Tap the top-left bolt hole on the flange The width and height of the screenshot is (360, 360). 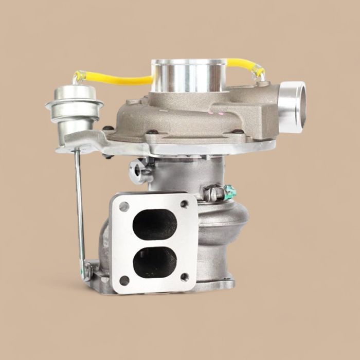point(124,207)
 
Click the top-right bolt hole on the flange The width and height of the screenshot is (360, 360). point(185,204)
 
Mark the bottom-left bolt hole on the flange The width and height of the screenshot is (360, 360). point(124,281)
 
